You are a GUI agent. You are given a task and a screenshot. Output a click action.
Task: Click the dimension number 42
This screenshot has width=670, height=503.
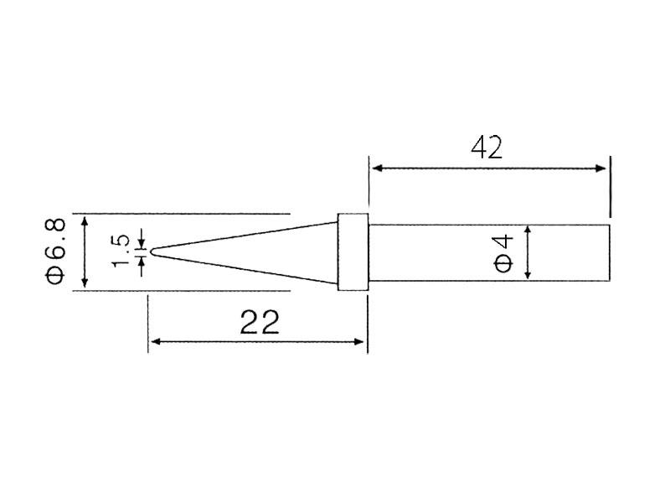click(x=487, y=148)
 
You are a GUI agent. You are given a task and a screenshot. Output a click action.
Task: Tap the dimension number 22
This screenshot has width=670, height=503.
click(x=260, y=322)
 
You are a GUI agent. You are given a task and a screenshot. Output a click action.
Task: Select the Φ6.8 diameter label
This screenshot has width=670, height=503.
click(x=56, y=251)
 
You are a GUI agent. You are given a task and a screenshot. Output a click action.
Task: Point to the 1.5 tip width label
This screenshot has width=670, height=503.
click(x=120, y=251)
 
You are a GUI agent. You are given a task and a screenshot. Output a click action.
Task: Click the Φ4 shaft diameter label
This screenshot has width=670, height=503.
click(x=503, y=253)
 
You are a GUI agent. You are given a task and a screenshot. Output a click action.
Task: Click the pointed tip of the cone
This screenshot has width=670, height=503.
click(x=150, y=252)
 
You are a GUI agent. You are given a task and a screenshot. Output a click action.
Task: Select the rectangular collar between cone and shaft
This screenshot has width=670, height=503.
click(x=353, y=252)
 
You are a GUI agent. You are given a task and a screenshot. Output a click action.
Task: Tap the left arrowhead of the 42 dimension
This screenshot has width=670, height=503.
click(x=376, y=169)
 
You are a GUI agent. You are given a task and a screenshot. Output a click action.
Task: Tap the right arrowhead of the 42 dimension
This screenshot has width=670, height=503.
click(x=600, y=169)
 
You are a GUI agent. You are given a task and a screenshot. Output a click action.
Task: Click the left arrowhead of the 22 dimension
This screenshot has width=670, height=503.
click(x=156, y=341)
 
